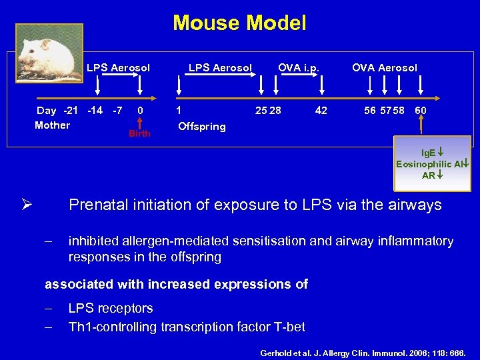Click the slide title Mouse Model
239,23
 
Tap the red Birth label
139,133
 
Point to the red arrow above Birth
140,121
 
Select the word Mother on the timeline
52,125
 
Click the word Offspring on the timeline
202,127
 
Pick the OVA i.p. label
299,67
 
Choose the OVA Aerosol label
385,67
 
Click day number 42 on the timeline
321,111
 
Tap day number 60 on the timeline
421,111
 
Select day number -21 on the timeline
70,111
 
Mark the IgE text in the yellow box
427,153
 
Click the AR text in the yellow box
429,175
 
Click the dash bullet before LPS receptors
48,309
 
